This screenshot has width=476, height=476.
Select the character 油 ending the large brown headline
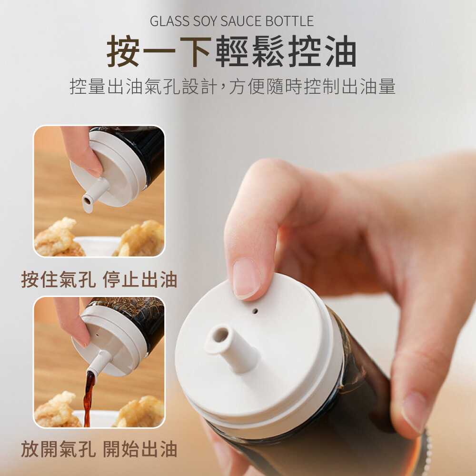pos(341,51)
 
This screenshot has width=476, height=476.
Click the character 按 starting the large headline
pos(123,51)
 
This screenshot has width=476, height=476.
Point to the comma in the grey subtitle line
pos(222,90)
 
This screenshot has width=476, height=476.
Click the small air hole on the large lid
pos(255,311)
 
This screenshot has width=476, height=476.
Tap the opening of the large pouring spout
pos(220,335)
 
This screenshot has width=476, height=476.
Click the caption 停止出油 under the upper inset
pos(139,279)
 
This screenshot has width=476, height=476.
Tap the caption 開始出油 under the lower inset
pos(139,449)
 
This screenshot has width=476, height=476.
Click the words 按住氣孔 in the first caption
pos(58,279)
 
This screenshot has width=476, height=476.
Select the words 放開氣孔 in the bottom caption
pos(58,449)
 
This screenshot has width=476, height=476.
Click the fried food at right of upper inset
pos(139,239)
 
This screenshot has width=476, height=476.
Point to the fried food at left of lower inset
pos(58,410)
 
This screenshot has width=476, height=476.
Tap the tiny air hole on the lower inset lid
pos(97,336)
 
